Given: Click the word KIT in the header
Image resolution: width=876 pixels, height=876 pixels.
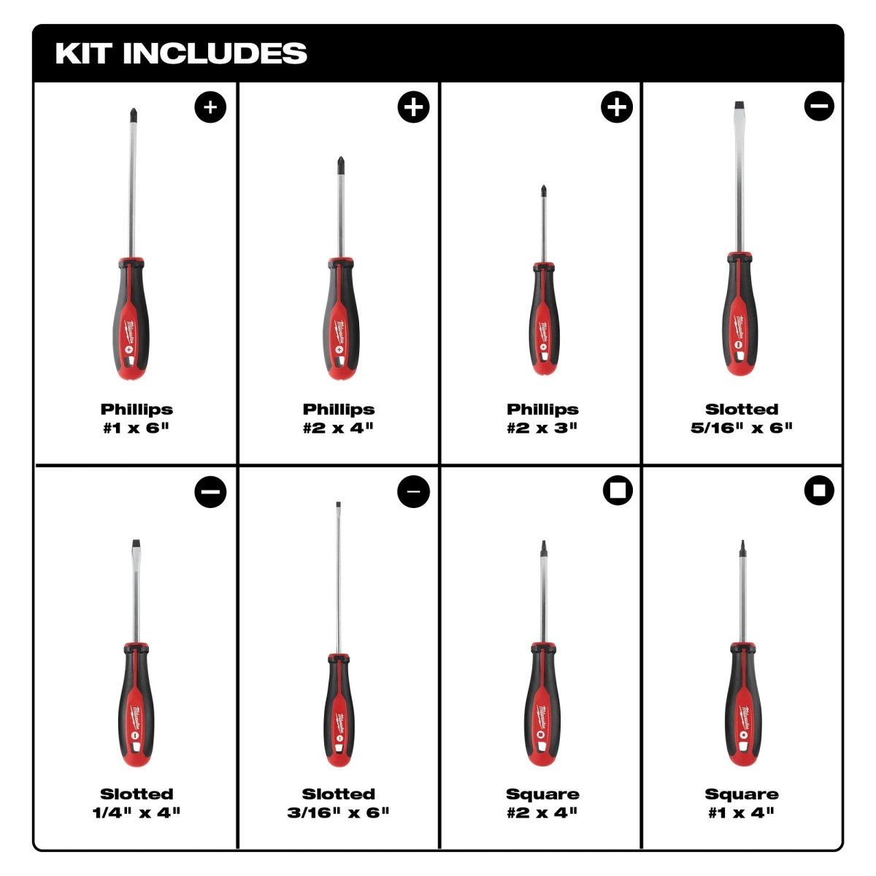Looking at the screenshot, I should (x=82, y=53).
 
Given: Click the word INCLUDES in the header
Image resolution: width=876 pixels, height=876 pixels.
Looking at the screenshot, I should (x=215, y=53).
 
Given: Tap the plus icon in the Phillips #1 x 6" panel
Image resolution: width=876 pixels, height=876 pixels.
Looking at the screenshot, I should (x=210, y=107).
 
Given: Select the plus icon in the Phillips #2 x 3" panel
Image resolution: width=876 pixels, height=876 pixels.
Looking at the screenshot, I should (x=617, y=107).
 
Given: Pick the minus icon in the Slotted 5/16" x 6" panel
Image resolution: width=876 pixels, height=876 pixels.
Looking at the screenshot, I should (x=819, y=107).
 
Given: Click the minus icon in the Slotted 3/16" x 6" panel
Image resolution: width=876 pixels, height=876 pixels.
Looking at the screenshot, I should (x=413, y=491).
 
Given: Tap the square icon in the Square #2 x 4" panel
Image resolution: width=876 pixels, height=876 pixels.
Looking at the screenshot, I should (x=617, y=491).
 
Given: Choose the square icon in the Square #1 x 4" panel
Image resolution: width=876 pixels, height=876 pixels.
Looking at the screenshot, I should (x=819, y=491).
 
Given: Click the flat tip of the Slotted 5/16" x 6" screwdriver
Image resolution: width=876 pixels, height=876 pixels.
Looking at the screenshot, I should (x=741, y=107).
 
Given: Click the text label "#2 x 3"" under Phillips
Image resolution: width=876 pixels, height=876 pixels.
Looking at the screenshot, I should (x=542, y=428).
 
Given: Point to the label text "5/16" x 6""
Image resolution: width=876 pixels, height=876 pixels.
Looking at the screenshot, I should (x=742, y=428).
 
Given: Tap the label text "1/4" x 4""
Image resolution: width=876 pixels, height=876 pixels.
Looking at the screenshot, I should (x=137, y=812).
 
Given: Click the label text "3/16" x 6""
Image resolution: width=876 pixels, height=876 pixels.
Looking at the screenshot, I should (x=339, y=812).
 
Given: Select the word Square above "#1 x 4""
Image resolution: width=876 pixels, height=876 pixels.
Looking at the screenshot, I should (x=742, y=794).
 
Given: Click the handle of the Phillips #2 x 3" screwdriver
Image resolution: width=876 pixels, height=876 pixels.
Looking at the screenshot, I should (x=542, y=321).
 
